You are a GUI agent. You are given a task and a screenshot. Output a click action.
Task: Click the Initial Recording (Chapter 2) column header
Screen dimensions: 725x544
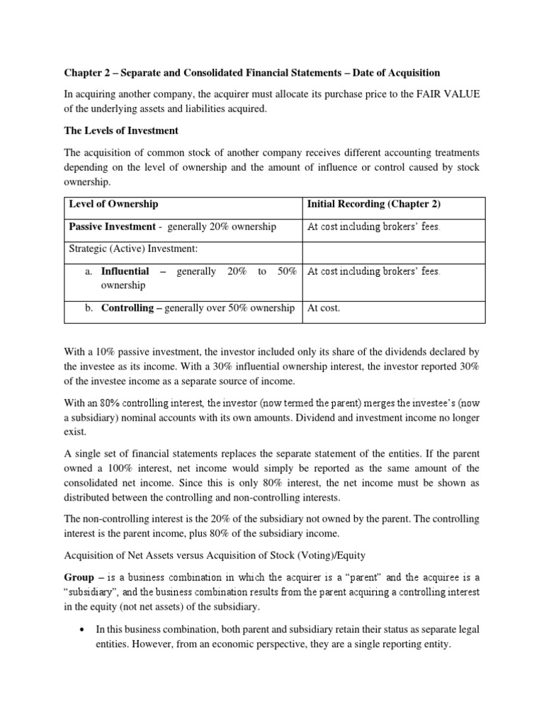(x=373, y=204)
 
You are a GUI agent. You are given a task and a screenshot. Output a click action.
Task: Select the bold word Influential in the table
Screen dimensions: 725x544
(x=125, y=271)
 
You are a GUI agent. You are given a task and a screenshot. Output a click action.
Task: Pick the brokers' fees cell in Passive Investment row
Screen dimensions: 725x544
(x=373, y=227)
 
